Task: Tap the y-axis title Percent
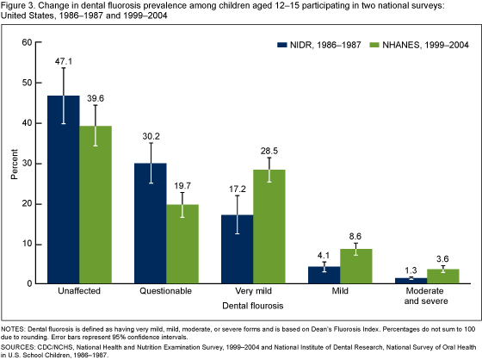click(13, 164)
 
